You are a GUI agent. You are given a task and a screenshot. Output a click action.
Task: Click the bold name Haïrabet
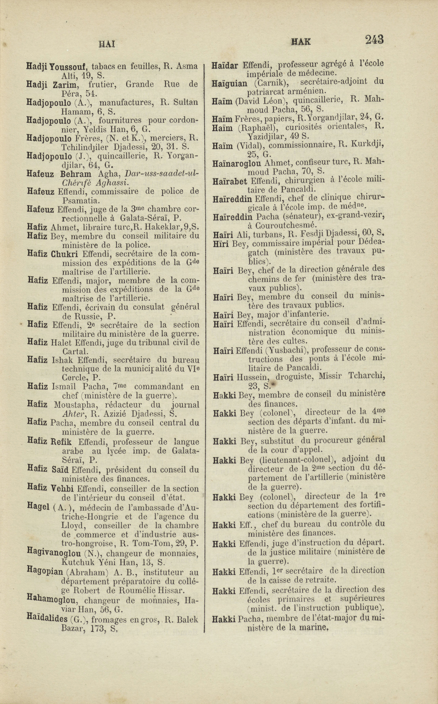point(230,181)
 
